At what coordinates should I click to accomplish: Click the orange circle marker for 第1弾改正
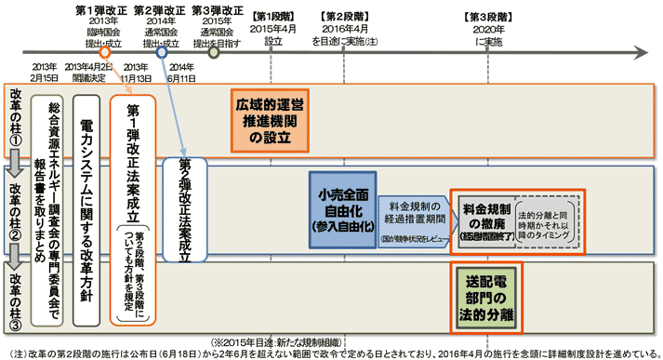[103, 52]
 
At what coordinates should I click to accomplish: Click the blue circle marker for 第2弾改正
[162, 52]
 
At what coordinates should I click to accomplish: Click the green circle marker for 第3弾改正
[214, 52]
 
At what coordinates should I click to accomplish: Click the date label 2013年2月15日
[45, 73]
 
